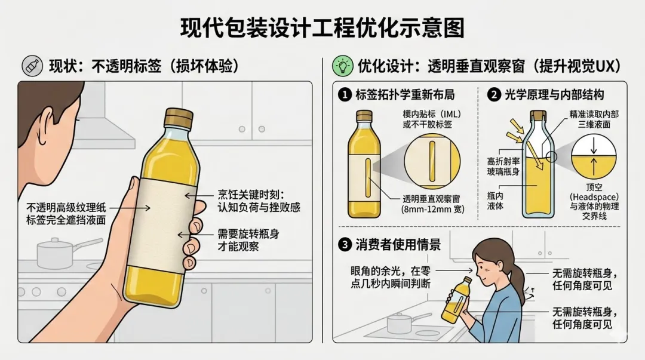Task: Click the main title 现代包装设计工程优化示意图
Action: (x=322, y=27)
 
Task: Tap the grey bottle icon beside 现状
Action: (x=32, y=66)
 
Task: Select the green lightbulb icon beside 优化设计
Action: (x=343, y=66)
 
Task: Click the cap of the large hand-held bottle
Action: (x=179, y=118)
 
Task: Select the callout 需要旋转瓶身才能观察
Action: (x=248, y=240)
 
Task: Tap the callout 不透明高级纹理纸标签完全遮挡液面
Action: (x=66, y=214)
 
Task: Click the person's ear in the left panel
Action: (x=45, y=124)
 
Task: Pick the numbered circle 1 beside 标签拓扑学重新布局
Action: (x=345, y=95)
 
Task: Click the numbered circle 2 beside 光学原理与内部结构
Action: (x=494, y=95)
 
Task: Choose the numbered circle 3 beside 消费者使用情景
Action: (x=345, y=245)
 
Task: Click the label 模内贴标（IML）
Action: (x=432, y=114)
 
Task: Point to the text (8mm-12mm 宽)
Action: (x=433, y=210)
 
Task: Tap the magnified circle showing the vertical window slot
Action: (x=432, y=161)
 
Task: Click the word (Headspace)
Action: (x=594, y=197)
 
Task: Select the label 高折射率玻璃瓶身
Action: (x=503, y=166)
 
